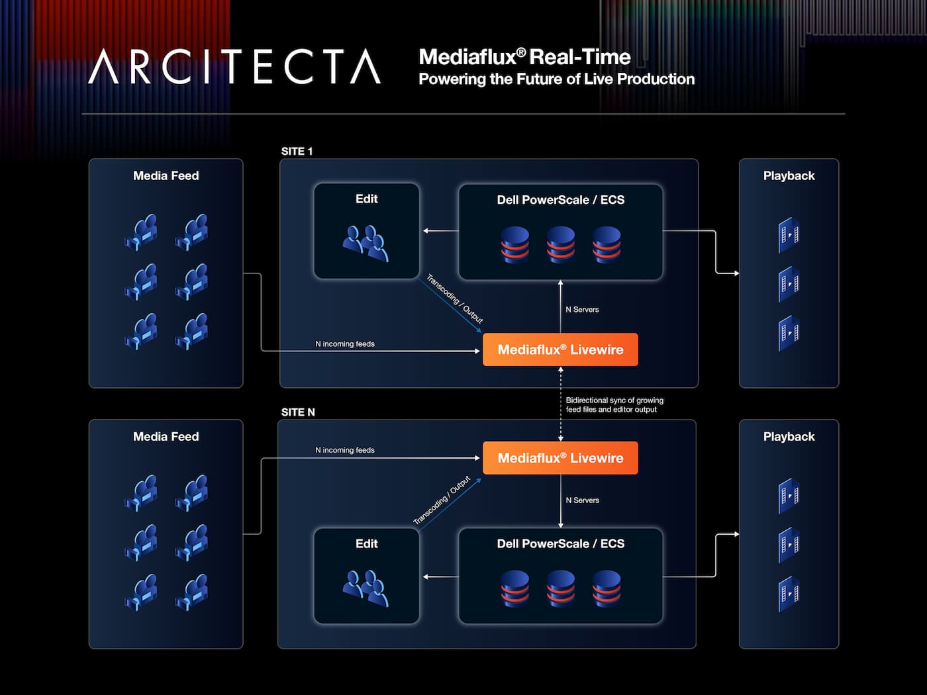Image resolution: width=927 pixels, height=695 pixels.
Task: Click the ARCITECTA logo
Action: coord(234,66)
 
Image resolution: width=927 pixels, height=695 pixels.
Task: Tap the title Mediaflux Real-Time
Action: coord(524,57)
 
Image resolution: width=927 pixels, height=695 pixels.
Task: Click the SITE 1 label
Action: coord(297,152)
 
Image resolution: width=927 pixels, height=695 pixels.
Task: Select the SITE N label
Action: coord(298,412)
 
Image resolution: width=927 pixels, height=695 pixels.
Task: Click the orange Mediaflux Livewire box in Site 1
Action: coord(560,349)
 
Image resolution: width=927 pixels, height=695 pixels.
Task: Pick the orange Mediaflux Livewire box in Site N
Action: coord(560,458)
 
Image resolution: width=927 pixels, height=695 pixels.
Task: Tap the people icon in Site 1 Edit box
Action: coord(366,244)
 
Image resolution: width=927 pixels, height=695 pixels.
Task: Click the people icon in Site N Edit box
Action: coord(366,588)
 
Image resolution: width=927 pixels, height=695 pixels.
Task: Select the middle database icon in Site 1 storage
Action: coord(561,245)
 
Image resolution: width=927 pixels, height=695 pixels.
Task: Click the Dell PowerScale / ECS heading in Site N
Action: coord(560,543)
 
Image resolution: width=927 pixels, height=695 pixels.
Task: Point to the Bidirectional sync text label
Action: coord(614,404)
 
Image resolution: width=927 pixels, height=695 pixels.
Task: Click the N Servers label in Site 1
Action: coord(583,309)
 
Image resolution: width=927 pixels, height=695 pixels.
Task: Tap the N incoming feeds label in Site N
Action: coord(345,450)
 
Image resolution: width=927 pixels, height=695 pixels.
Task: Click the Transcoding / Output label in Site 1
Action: coord(454,299)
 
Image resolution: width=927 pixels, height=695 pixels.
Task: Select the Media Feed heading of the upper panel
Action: coord(166,175)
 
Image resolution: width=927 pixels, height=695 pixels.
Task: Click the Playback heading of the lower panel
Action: coord(789,436)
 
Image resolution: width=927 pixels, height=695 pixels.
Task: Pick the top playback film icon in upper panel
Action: coord(789,235)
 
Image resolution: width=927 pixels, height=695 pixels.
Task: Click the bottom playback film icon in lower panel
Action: coord(789,594)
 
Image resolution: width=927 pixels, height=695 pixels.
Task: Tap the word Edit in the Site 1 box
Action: coord(367,199)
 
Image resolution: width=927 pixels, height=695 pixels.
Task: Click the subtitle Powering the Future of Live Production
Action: coord(557,79)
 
